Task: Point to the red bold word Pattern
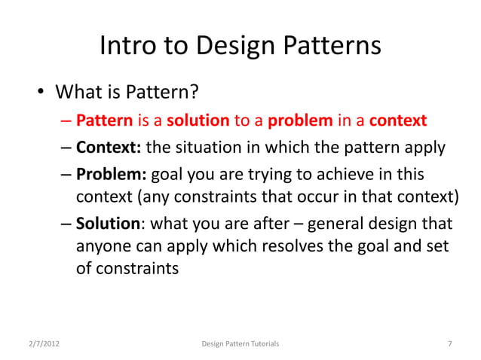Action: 104,121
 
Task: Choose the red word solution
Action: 198,121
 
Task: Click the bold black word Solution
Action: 107,224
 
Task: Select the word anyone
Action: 103,246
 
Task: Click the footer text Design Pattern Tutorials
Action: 240,344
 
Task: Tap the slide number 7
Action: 450,344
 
